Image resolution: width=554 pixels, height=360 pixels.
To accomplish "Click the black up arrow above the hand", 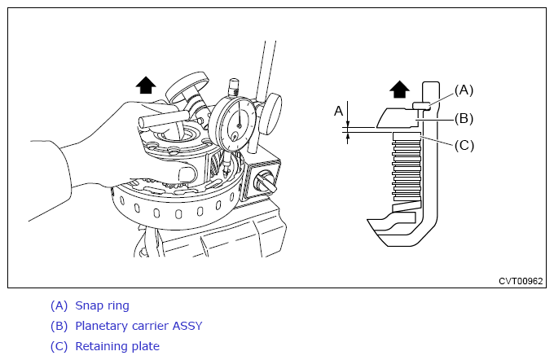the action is [146, 86].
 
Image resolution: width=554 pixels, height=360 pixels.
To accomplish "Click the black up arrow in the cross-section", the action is [399, 90].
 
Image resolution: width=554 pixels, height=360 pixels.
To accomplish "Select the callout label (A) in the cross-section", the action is [464, 90].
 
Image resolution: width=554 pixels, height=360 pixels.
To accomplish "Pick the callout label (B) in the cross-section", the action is [464, 119].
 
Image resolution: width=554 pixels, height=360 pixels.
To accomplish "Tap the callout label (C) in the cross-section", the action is [464, 145].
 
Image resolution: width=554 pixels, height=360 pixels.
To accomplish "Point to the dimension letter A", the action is [338, 111].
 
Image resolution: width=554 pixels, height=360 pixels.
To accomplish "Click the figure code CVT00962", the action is [521, 281].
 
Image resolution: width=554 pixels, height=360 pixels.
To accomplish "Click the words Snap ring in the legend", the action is [102, 305].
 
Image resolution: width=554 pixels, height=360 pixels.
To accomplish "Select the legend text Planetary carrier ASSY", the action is [138, 326].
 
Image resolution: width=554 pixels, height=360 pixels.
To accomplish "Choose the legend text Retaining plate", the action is [117, 346].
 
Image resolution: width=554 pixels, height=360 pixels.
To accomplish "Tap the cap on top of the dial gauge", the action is [234, 87].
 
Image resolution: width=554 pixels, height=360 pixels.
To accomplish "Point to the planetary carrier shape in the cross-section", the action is [398, 118].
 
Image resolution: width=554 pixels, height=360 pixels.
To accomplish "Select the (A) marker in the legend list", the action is [59, 305].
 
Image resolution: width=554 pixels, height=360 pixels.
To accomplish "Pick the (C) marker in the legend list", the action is [59, 346].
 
